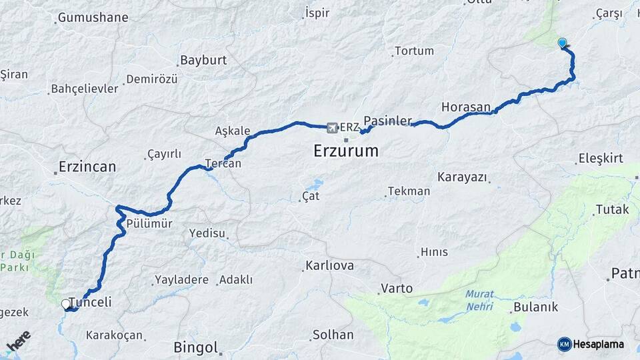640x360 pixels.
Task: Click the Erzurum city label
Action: point(346,151)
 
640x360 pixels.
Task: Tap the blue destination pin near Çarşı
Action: point(562,43)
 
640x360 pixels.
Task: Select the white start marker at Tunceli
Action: point(66,305)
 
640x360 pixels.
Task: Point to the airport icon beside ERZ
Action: point(331,126)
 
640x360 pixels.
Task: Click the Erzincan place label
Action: point(87,166)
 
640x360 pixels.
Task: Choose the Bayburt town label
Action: point(203,60)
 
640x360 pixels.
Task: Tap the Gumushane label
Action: point(93,18)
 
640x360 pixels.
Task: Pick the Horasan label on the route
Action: point(466,107)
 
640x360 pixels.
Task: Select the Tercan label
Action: point(223,163)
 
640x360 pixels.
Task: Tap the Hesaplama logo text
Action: point(599,344)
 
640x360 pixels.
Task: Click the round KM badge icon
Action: point(564,344)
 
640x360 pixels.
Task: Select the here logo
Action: point(19,341)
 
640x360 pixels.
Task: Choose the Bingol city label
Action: point(196,347)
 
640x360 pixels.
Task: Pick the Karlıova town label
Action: point(329,266)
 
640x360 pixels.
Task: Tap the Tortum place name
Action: point(414,51)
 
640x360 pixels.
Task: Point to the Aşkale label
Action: point(233,131)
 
